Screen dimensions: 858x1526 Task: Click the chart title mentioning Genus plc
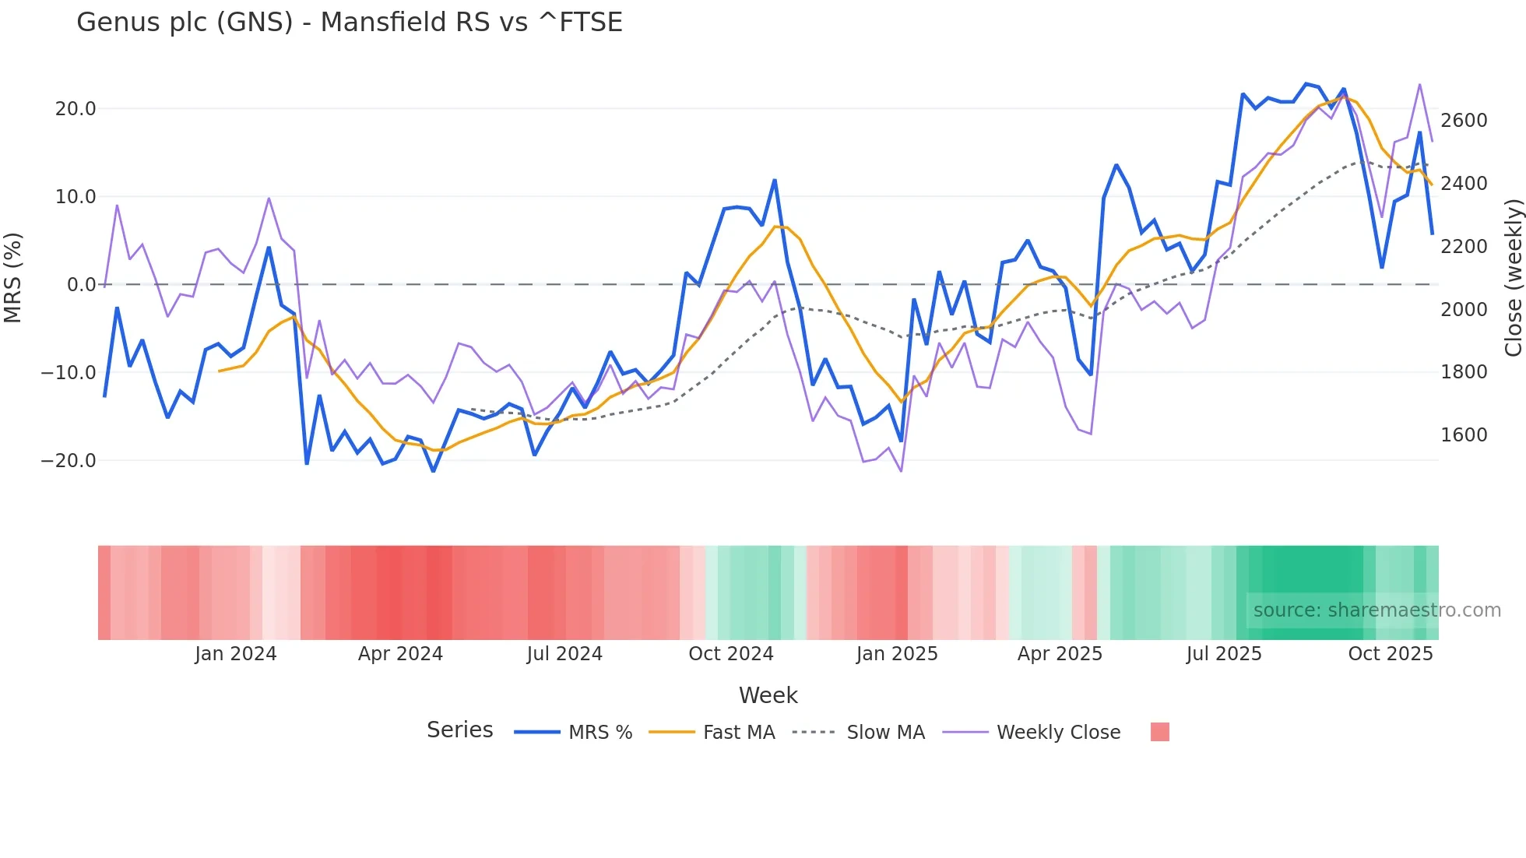[350, 23]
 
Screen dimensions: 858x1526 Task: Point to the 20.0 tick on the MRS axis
[76, 109]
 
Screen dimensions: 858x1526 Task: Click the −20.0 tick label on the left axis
[69, 461]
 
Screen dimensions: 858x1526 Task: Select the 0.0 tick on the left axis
[81, 285]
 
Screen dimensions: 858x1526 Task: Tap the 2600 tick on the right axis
[1464, 121]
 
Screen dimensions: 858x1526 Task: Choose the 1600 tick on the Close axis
[1464, 435]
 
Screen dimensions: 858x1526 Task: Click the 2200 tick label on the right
[1464, 247]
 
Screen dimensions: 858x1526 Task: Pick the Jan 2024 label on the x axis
[235, 654]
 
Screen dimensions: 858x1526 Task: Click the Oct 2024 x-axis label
[730, 654]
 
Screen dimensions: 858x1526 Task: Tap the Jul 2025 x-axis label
[1223, 654]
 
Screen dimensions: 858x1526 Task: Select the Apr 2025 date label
[1060, 654]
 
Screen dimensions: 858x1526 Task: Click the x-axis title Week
[768, 695]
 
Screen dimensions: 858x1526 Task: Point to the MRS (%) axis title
[13, 277]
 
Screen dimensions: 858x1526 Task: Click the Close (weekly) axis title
[1513, 277]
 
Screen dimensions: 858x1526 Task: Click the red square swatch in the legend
[1159, 732]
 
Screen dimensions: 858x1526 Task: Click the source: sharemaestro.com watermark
[1377, 610]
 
